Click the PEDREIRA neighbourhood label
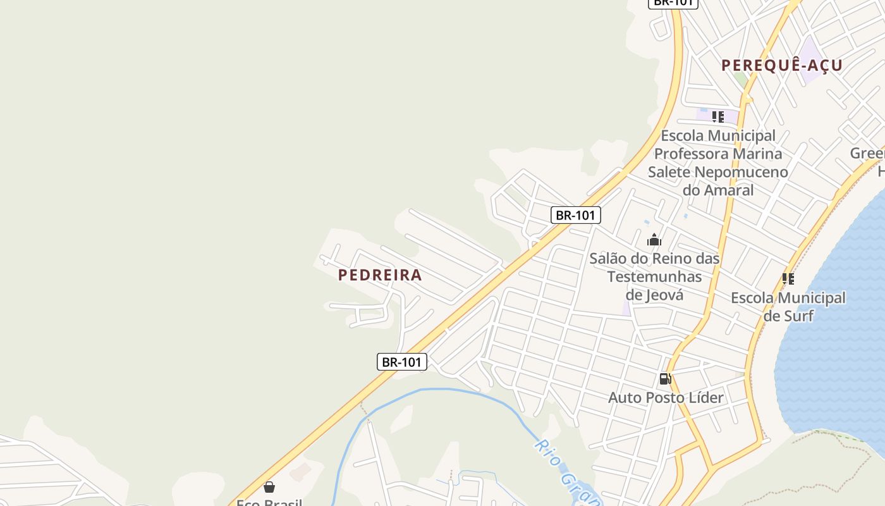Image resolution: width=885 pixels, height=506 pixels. point(380,275)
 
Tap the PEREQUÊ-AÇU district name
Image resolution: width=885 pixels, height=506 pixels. point(782,65)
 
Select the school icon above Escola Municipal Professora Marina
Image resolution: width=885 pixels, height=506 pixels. point(718,117)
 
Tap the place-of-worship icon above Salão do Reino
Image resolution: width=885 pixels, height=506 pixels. point(654,240)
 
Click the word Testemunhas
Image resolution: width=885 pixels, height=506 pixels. point(654,277)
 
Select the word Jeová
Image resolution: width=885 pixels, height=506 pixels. point(664,295)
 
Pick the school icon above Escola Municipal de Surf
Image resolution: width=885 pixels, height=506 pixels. point(788,278)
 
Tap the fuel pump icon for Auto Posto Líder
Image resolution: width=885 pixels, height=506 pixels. point(665,379)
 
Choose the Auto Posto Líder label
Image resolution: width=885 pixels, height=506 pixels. point(666,398)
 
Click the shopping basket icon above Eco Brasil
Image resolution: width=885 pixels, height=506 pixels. point(269,487)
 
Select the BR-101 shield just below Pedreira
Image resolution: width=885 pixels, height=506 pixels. point(402,362)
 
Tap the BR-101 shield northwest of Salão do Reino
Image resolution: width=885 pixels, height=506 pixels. point(575,215)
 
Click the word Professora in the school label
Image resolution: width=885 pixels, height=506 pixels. point(718,154)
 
